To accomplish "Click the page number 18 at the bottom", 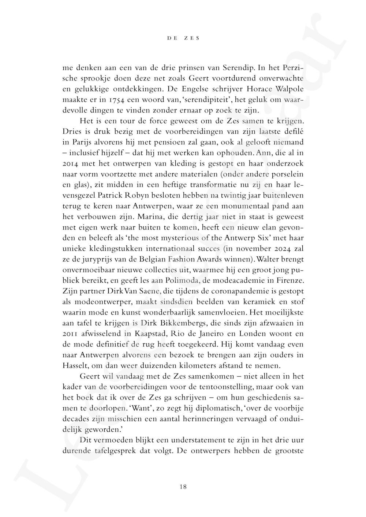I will (183, 487).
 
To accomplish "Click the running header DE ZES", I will (183, 38).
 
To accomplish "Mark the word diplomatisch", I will (210, 408).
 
